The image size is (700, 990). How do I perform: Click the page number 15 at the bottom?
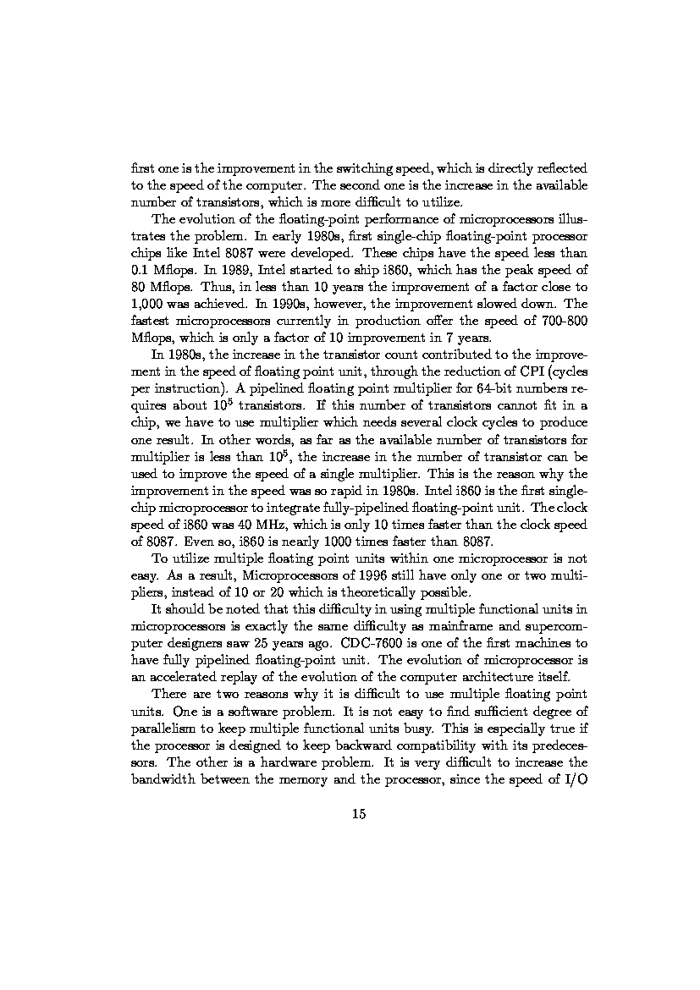tap(358, 815)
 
